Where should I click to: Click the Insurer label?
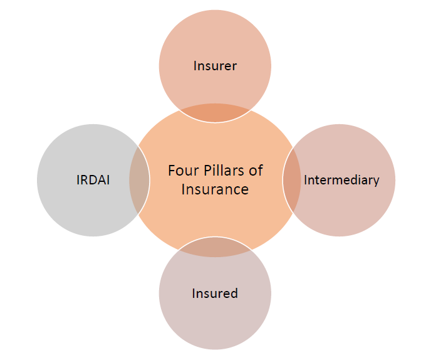[215, 65]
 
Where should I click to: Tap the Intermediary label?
[341, 180]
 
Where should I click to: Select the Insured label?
[215, 293]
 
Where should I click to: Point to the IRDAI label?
[93, 180]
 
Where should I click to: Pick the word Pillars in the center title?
[222, 170]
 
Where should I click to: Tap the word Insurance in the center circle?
[215, 189]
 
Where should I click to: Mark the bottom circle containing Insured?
[215, 320]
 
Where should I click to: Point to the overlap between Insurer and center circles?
[215, 114]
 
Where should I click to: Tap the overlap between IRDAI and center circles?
[139, 180]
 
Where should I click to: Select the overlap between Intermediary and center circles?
[292, 180]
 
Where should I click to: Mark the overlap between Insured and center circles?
[215, 247]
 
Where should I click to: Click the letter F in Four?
[172, 170]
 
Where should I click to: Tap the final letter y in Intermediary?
[376, 181]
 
